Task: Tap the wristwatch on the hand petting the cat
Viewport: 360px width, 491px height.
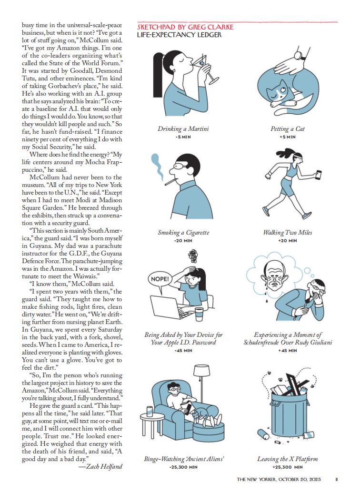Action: tap(300, 56)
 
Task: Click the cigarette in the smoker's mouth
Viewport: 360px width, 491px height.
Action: tap(170, 181)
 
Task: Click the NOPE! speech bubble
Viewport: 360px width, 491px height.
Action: tap(160, 279)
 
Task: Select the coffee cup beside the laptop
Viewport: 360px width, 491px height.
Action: tap(199, 314)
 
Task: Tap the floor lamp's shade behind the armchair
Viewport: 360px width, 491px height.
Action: tap(202, 371)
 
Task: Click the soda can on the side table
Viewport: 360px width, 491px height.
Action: tap(150, 411)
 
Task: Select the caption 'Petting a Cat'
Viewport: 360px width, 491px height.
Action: tap(287, 129)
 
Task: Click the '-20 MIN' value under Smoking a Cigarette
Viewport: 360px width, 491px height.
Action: tap(183, 240)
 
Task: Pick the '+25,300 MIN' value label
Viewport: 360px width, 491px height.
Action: tap(287, 467)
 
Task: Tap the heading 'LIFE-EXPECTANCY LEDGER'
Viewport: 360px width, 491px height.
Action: tap(179, 35)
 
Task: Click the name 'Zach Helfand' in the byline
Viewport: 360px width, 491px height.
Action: tap(104, 467)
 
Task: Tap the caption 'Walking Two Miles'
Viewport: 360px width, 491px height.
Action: tap(287, 232)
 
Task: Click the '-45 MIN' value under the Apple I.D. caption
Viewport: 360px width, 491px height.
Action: tap(183, 350)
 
